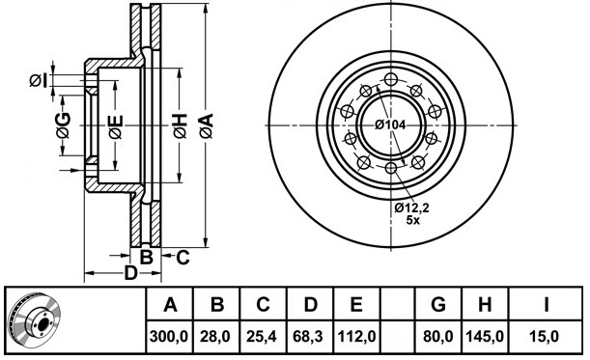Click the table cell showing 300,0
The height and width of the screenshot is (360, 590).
point(170,337)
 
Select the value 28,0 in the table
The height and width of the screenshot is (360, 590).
point(217,337)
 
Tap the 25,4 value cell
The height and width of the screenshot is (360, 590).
point(263,337)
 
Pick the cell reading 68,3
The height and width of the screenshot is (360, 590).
point(309,337)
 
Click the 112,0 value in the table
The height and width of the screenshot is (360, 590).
point(356,337)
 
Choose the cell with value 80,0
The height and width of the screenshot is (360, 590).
point(437,337)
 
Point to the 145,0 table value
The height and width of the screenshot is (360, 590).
point(486,337)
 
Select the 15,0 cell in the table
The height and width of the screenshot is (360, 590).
point(546,337)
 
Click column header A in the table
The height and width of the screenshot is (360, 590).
point(170,306)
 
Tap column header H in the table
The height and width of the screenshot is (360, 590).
point(486,306)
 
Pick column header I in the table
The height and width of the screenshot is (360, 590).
point(546,306)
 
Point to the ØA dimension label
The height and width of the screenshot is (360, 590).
point(207,125)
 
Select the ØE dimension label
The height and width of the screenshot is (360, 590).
point(115,125)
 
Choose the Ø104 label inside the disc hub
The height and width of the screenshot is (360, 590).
point(388,125)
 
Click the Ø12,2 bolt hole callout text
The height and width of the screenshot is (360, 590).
point(412,207)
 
